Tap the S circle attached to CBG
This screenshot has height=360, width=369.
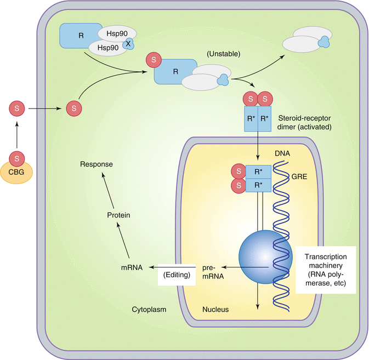click(x=18, y=159)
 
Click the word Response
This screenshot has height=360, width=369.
click(x=96, y=164)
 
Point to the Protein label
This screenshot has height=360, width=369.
click(x=118, y=215)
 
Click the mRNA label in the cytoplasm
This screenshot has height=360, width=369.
click(x=132, y=267)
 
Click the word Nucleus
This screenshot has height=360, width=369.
click(x=215, y=310)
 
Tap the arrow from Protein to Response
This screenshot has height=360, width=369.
click(x=109, y=190)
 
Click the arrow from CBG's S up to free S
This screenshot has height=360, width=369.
click(x=18, y=133)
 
